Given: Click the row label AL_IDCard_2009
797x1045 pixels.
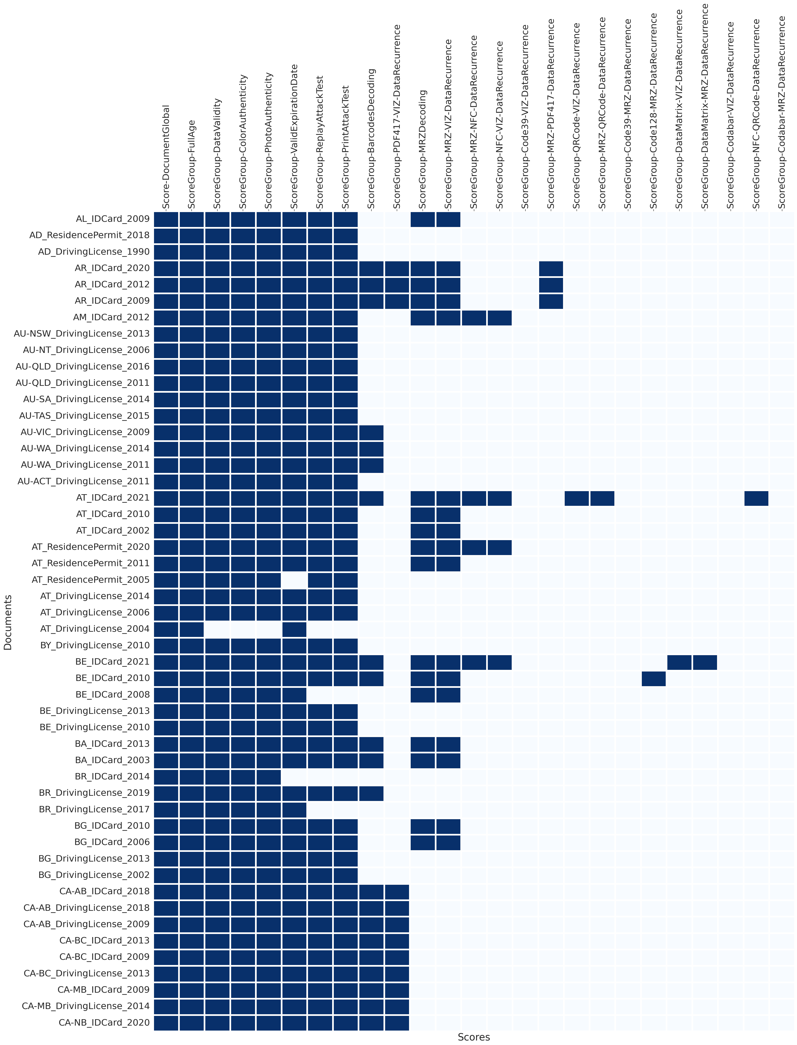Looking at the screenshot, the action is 112,219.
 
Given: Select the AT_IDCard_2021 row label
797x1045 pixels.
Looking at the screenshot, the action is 112,497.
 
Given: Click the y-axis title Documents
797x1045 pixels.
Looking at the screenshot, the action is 8,622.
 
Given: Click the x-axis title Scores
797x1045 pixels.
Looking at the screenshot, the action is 473,1037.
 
